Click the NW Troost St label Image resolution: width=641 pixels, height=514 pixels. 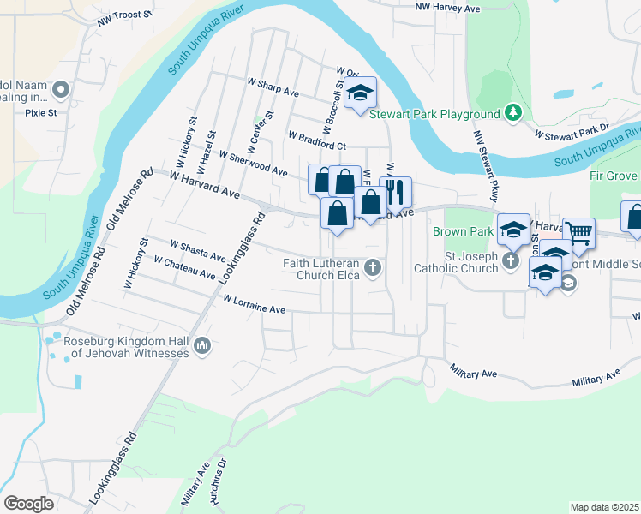(124, 16)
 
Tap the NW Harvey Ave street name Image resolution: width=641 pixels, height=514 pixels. (447, 7)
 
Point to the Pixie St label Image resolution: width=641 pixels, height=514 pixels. (40, 112)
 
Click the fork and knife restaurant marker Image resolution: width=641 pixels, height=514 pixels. (395, 190)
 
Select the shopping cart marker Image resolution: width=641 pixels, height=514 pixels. (579, 231)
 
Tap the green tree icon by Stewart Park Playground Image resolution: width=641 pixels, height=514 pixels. (512, 112)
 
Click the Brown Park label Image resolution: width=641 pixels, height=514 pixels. (463, 232)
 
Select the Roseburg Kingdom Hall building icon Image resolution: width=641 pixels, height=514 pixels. (202, 346)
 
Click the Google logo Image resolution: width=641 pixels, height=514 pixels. (29, 503)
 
